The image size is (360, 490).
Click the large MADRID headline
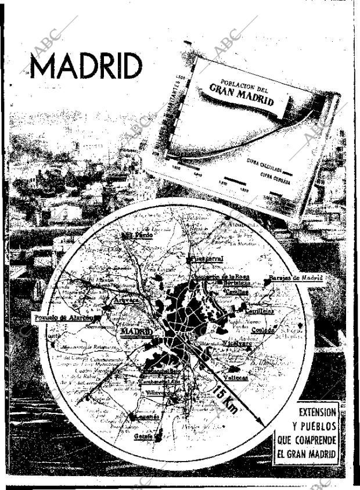pos(86,66)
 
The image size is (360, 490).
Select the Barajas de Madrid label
pos(297,278)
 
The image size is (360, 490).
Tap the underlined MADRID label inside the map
pos(136,332)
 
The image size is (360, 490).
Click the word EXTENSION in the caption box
pos(316,412)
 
